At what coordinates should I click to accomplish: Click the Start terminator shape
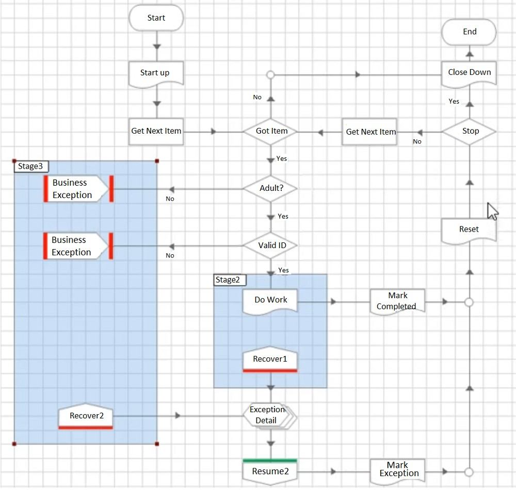(x=156, y=18)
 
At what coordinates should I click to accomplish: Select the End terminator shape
(x=470, y=32)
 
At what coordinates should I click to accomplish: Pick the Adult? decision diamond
(x=270, y=188)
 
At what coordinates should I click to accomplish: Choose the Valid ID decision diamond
(x=270, y=246)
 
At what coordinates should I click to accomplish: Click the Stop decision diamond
(x=470, y=131)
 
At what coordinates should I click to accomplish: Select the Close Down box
(x=469, y=73)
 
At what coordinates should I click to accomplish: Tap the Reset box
(x=469, y=230)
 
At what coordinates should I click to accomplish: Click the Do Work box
(x=270, y=301)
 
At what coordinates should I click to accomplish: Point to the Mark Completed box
(x=397, y=301)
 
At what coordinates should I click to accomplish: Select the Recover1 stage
(x=270, y=360)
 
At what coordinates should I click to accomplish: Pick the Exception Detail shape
(x=268, y=415)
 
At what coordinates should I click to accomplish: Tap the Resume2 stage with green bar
(x=270, y=470)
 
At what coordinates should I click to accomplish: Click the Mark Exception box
(x=397, y=470)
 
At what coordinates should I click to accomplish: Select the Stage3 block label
(x=30, y=166)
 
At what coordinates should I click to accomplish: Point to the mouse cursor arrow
(x=492, y=211)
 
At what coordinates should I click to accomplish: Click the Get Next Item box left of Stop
(x=370, y=132)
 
